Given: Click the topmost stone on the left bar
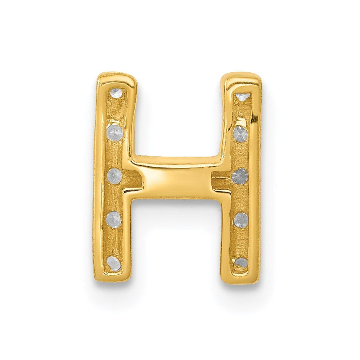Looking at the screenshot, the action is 116,94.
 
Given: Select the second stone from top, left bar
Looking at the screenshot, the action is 115,132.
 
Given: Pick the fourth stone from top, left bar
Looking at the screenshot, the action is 114,220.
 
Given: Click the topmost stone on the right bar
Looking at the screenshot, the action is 242,96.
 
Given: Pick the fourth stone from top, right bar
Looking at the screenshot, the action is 240,220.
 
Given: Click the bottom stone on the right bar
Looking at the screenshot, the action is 242,263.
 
